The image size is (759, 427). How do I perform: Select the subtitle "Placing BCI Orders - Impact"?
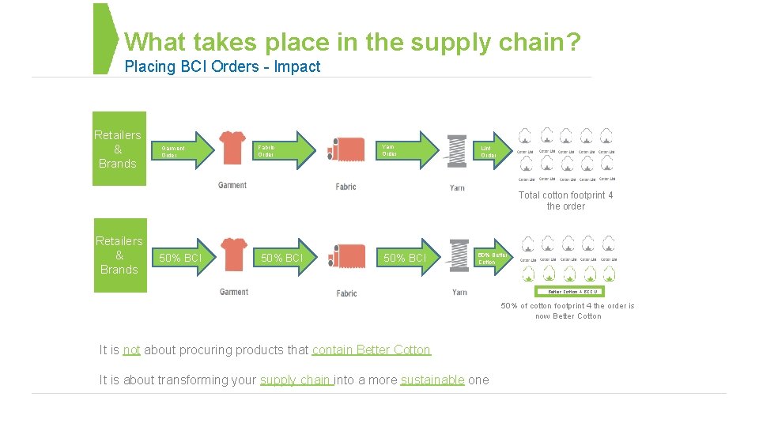(x=222, y=67)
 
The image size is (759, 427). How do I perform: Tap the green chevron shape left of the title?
(x=105, y=39)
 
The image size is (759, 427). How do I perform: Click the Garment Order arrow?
(x=183, y=149)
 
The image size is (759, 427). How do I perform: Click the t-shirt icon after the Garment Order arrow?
(x=232, y=147)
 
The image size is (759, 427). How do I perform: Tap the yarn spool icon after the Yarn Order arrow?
(x=457, y=150)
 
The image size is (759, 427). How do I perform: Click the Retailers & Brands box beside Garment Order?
(x=119, y=149)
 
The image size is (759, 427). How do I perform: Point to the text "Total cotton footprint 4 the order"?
(x=565, y=201)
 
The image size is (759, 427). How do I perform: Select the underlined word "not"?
(x=131, y=350)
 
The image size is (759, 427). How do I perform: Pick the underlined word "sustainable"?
(x=432, y=380)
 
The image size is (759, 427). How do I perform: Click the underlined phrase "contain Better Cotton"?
(x=372, y=350)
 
